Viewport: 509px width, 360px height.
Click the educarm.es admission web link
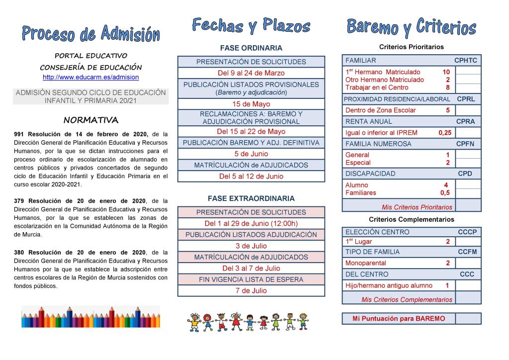[x=90, y=78]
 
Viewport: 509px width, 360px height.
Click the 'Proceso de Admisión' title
[x=90, y=34]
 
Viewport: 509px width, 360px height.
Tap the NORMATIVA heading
[x=91, y=120]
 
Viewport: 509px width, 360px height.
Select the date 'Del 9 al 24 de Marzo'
[x=251, y=73]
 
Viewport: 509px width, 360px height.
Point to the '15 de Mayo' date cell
[x=251, y=104]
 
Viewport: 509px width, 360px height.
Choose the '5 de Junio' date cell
[x=251, y=154]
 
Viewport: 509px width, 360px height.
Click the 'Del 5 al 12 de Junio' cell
[x=251, y=176]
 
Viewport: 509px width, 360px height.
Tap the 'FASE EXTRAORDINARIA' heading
[x=251, y=198]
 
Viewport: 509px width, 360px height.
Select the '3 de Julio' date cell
[x=251, y=246]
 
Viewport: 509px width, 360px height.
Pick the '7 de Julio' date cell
[x=251, y=290]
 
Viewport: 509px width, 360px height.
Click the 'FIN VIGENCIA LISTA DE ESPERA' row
[x=251, y=279]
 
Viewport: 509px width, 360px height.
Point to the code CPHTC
[x=465, y=61]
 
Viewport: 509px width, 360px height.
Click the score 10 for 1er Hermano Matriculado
[x=446, y=72]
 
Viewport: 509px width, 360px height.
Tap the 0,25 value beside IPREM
[x=445, y=133]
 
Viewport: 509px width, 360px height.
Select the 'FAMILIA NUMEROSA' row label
[x=378, y=144]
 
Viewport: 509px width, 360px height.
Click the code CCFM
[x=467, y=252]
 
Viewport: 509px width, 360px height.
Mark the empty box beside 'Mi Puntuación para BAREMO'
[x=468, y=318]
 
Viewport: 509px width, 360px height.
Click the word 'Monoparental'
[x=365, y=263]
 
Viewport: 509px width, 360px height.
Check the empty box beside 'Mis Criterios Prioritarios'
[x=468, y=205]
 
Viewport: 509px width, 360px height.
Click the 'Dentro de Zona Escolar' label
[x=380, y=110]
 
